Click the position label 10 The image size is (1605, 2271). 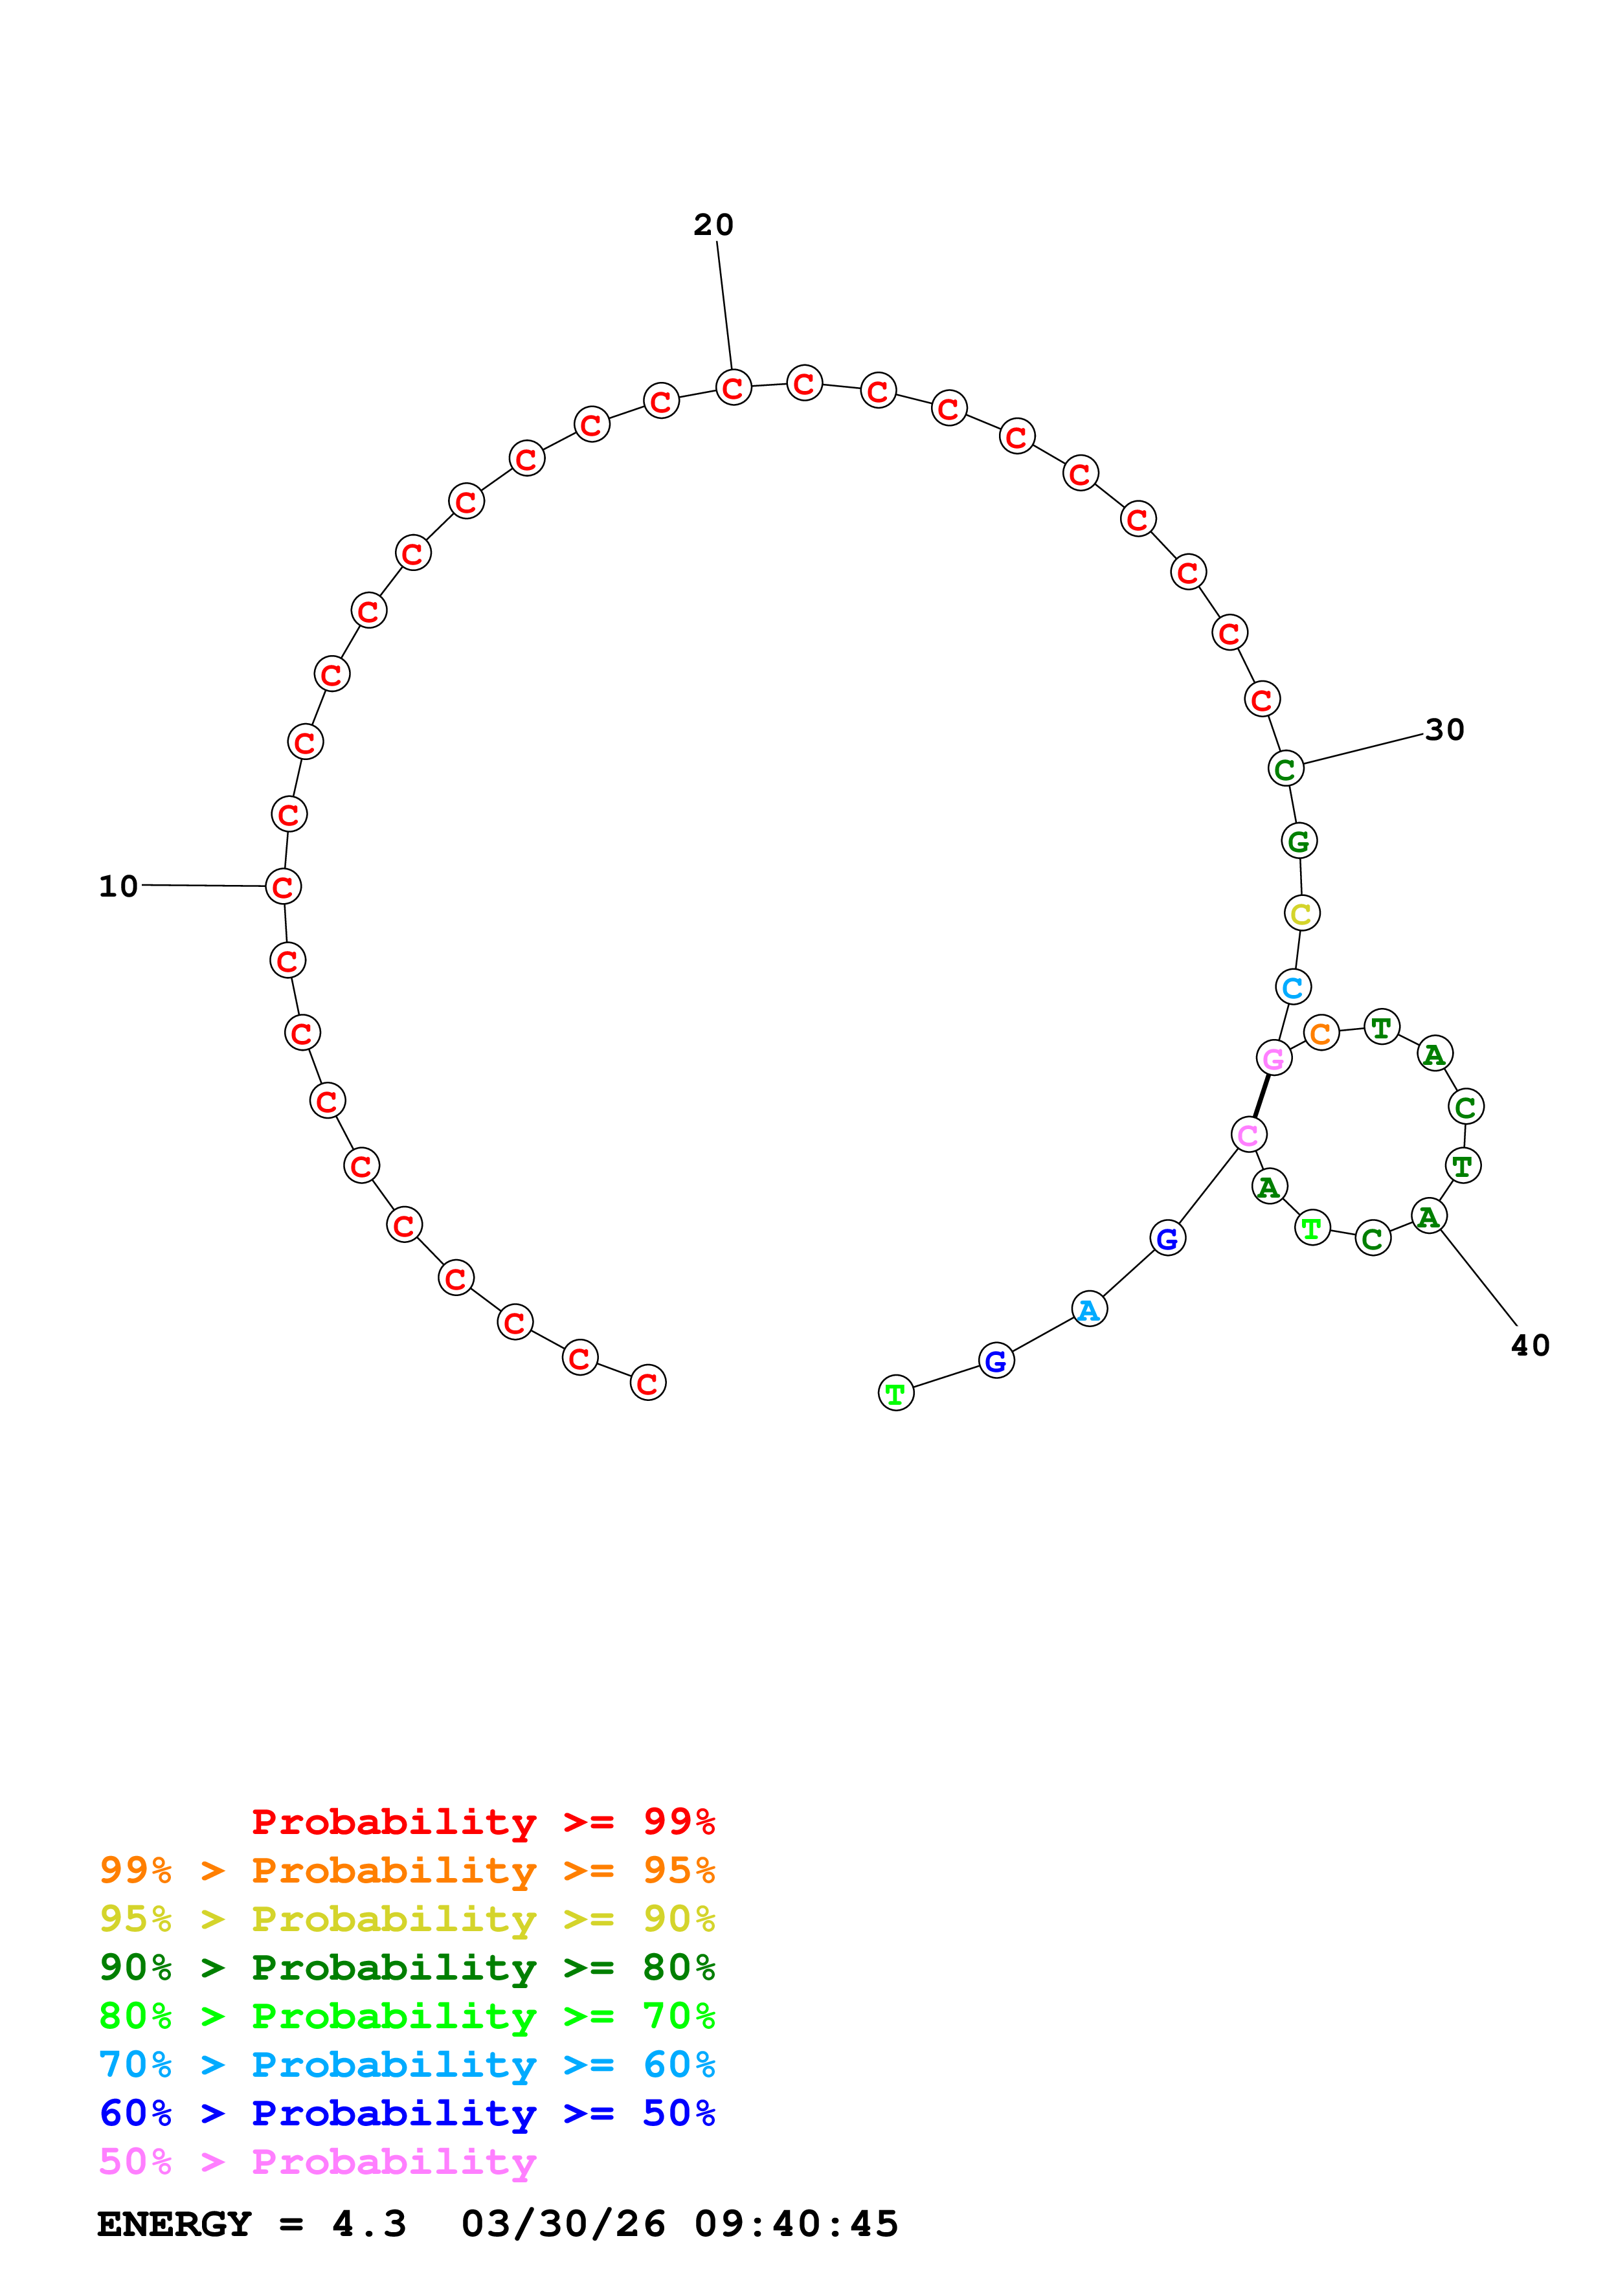[x=118, y=886]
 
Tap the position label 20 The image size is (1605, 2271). [x=713, y=225]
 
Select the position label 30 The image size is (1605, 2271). [x=1444, y=730]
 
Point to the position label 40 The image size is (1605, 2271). [x=1530, y=1345]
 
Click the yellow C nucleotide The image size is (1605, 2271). [x=1301, y=914]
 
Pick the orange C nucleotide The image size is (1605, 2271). [x=1321, y=1034]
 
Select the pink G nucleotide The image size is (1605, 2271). [x=1274, y=1058]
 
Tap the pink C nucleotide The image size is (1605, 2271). [x=1249, y=1134]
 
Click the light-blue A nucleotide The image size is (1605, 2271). [x=1089, y=1310]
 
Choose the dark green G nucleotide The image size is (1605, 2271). [x=1299, y=842]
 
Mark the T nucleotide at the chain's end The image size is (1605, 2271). [x=896, y=1394]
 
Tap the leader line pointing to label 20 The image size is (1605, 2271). [x=724, y=305]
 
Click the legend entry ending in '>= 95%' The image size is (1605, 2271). [x=407, y=1870]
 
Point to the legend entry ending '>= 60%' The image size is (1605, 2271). [x=407, y=2065]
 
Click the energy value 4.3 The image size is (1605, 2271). [x=369, y=2224]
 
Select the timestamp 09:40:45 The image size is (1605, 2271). [x=796, y=2224]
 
